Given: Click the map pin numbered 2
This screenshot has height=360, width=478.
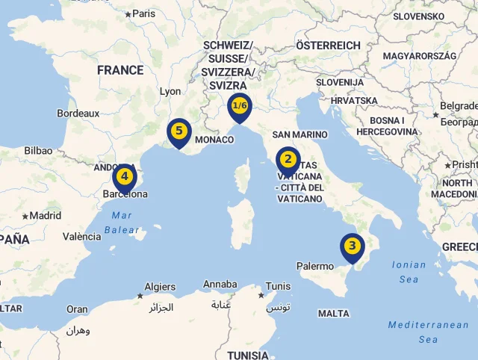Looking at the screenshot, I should point(288,160).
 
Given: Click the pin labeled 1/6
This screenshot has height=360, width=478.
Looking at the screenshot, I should point(240,106).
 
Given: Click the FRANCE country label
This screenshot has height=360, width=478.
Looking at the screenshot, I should point(120,70).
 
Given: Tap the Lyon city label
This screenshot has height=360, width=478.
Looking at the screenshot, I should point(170,92).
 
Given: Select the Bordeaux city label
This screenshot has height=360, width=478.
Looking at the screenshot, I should point(78,114).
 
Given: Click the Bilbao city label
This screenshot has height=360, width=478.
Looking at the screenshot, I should point(38,151).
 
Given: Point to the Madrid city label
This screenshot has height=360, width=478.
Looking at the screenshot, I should point(45,216).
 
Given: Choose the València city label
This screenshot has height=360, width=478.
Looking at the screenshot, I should point(81,237).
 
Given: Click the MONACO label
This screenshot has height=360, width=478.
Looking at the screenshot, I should point(214,140).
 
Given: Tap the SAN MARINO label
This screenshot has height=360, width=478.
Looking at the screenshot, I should point(299,134).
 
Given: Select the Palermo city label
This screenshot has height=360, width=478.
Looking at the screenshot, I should point(315,266).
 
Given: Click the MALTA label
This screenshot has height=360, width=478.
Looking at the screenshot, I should point(333,314).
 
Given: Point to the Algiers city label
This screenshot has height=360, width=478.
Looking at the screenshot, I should point(160,287).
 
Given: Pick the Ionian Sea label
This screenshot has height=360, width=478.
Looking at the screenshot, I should point(409,272).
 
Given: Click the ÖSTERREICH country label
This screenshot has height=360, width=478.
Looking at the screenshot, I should point(328,46).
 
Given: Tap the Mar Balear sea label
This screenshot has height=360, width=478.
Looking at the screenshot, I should point(122,223).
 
